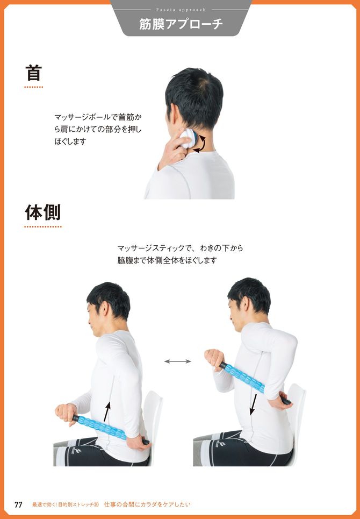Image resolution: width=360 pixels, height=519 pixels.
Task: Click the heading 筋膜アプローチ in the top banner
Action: tap(181, 24)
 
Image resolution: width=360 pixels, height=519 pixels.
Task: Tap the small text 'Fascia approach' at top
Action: tap(181, 9)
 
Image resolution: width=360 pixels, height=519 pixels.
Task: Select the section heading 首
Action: tap(33, 73)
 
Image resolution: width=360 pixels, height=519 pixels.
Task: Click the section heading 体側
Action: tap(43, 212)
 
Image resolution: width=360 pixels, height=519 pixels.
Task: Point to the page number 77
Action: tap(18, 504)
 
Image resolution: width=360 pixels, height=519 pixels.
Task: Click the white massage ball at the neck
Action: tap(186, 138)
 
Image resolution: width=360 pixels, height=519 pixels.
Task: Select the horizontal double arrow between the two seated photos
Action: tap(178, 361)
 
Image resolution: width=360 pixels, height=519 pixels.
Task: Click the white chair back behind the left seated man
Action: tap(153, 414)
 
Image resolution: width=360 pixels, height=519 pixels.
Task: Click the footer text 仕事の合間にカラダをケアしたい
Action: tap(147, 504)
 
